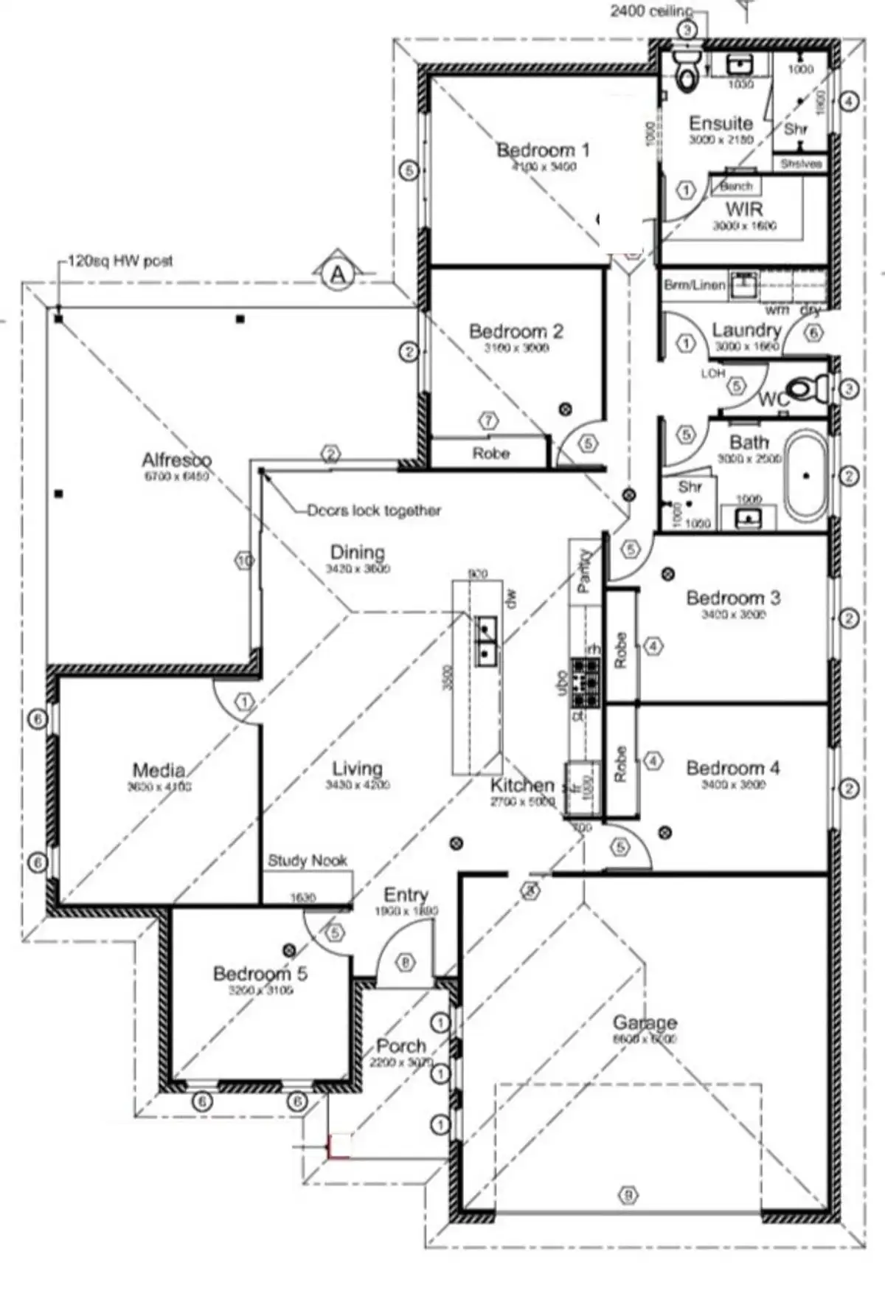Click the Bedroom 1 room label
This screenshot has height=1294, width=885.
click(543, 150)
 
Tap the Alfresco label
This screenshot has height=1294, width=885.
click(176, 460)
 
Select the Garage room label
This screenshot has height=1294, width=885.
click(645, 1023)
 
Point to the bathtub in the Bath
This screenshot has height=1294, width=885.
click(805, 477)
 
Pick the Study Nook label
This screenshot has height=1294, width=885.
click(307, 860)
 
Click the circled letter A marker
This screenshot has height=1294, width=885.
click(338, 274)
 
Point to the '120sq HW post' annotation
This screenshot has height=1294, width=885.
click(120, 260)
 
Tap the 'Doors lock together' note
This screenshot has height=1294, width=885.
click(374, 511)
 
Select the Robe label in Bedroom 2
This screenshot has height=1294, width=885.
click(490, 454)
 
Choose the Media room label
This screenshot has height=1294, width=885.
click(159, 771)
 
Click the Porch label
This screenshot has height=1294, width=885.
click(401, 1046)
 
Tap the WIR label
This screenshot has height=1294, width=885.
click(743, 209)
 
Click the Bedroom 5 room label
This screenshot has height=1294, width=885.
click(260, 974)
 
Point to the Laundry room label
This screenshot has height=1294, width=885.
click(746, 331)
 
